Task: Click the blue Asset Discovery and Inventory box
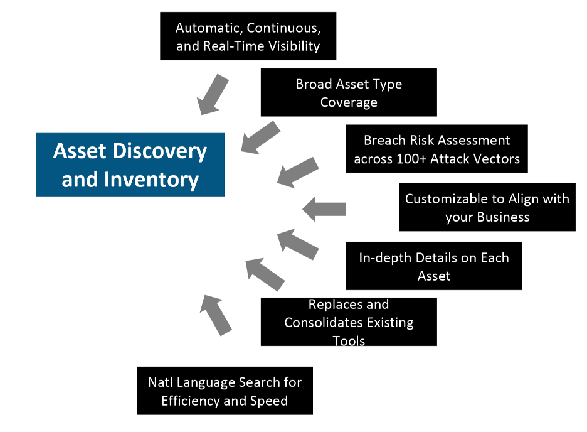click(130, 165)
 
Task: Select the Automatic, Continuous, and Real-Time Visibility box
click(248, 36)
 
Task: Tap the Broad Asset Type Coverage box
click(349, 92)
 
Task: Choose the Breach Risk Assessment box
click(437, 149)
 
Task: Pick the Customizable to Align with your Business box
click(487, 207)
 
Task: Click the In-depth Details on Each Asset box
click(434, 266)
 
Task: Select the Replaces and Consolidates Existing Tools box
click(349, 322)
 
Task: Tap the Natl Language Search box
click(225, 391)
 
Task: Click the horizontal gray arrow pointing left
click(324, 209)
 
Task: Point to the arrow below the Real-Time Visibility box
click(213, 94)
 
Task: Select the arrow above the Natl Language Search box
click(216, 315)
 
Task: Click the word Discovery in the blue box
click(159, 151)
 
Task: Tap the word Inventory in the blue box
click(152, 180)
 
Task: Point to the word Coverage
click(349, 102)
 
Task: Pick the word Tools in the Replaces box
click(349, 340)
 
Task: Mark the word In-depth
click(385, 258)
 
